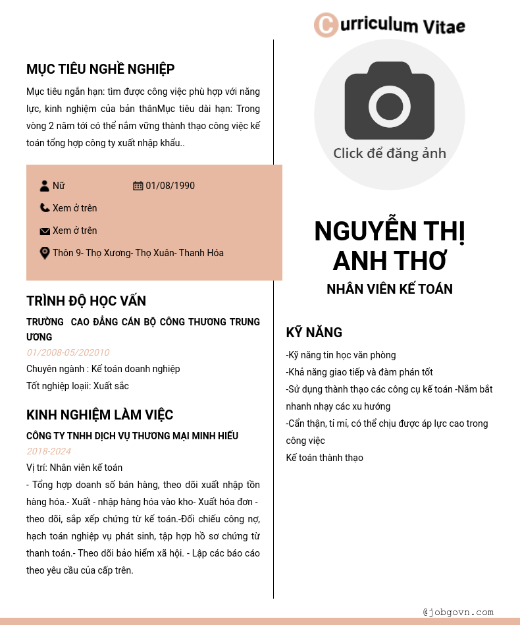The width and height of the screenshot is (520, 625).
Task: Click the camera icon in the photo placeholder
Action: (x=389, y=100)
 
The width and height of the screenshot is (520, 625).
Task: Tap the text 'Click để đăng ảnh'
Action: (x=389, y=153)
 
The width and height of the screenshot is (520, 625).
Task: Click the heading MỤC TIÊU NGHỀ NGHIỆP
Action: (x=101, y=69)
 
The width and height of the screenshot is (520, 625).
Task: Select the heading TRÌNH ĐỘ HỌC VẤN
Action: (x=86, y=301)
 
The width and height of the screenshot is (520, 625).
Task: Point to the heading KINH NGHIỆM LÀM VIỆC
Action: (x=100, y=415)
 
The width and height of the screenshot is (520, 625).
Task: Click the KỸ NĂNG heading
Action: (x=314, y=333)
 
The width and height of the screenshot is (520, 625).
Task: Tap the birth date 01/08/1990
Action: (x=170, y=186)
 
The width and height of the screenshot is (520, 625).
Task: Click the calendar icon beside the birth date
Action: (x=138, y=186)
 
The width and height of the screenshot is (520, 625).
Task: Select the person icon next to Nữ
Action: (x=45, y=186)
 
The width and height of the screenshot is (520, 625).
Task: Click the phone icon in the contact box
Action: (x=45, y=208)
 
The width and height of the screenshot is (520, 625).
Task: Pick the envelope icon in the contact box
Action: (x=45, y=231)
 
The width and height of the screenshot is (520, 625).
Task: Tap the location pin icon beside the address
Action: (x=45, y=253)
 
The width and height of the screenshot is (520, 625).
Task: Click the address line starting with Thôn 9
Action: (x=138, y=253)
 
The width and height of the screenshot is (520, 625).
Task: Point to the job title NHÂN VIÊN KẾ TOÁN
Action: (x=390, y=289)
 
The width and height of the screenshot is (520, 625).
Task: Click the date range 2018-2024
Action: (x=49, y=451)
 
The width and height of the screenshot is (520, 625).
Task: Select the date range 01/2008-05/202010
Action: (x=68, y=352)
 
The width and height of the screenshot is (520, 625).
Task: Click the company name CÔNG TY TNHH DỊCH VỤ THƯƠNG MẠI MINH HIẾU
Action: (x=132, y=436)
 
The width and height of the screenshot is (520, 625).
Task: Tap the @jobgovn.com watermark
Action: (x=458, y=612)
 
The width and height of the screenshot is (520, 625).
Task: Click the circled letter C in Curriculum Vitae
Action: (x=326, y=25)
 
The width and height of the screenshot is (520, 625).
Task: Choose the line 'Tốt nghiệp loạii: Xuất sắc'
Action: (x=78, y=386)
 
